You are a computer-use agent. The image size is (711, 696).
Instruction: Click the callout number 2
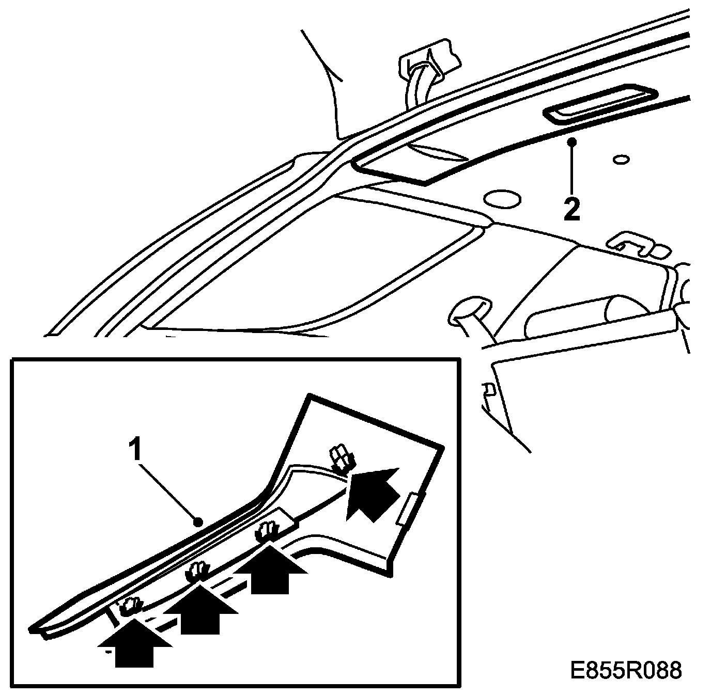pyautogui.click(x=572, y=209)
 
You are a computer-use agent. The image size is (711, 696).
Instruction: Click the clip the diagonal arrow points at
pyautogui.click(x=342, y=457)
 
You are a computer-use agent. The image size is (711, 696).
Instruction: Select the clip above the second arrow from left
pyautogui.click(x=198, y=572)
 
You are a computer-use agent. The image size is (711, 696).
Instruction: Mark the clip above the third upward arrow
pyautogui.click(x=269, y=531)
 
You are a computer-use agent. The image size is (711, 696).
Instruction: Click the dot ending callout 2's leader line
pyautogui.click(x=571, y=141)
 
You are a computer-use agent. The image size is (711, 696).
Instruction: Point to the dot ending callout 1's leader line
pyautogui.click(x=197, y=522)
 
